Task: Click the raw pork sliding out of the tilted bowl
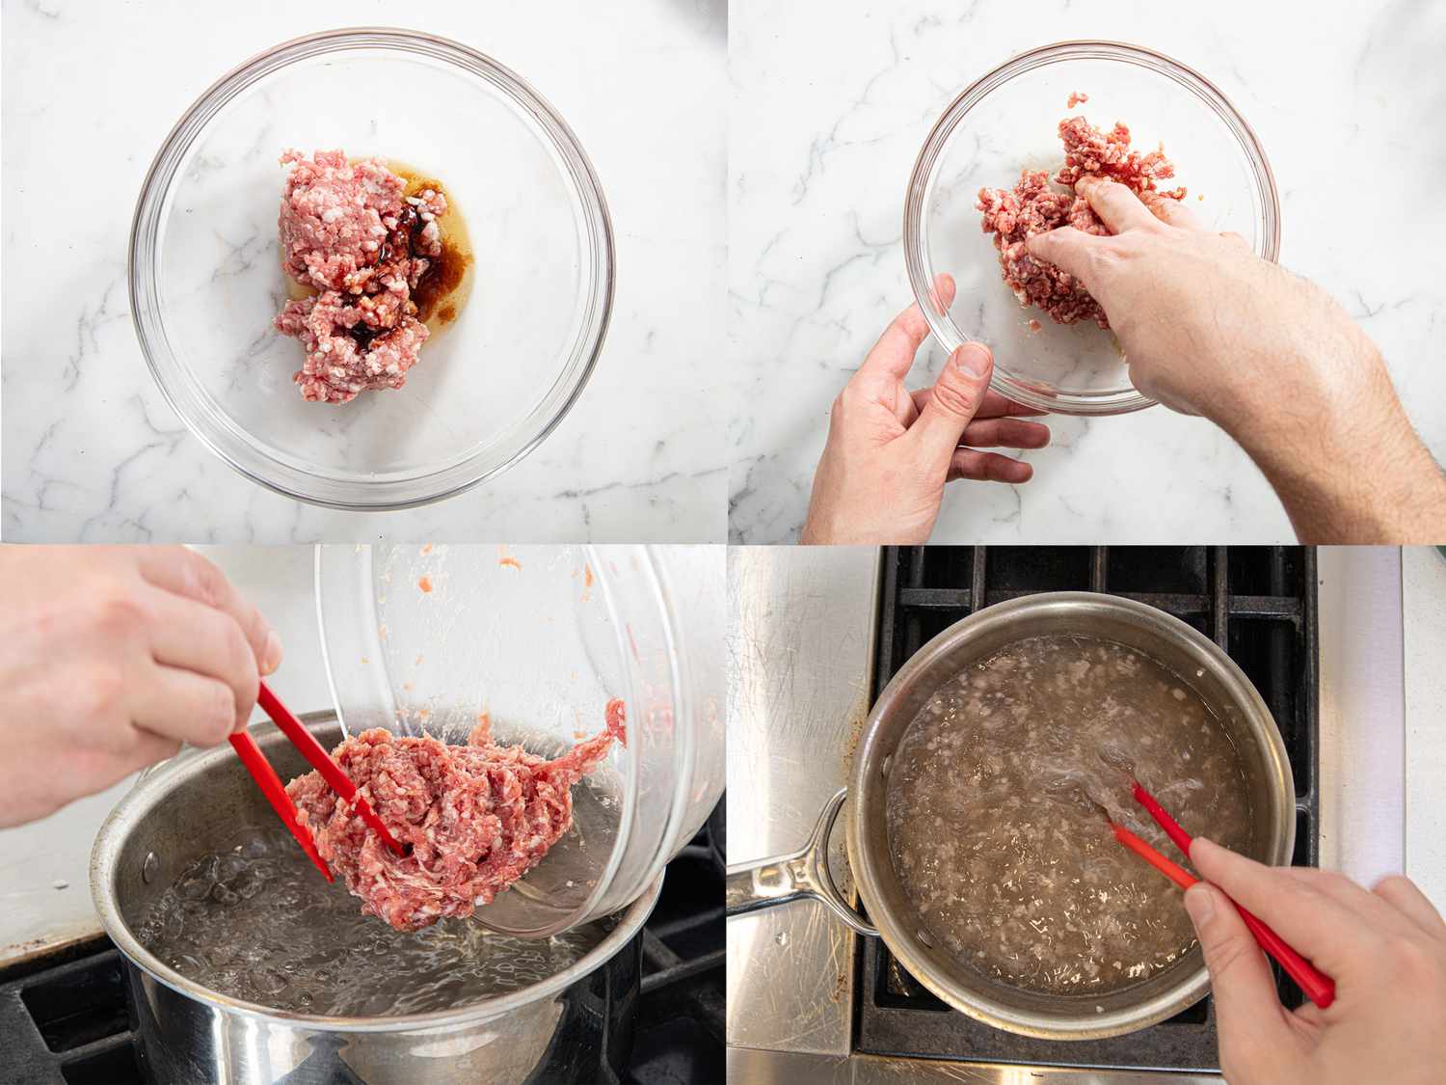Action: [453, 820]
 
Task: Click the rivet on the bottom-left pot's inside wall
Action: [150, 856]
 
